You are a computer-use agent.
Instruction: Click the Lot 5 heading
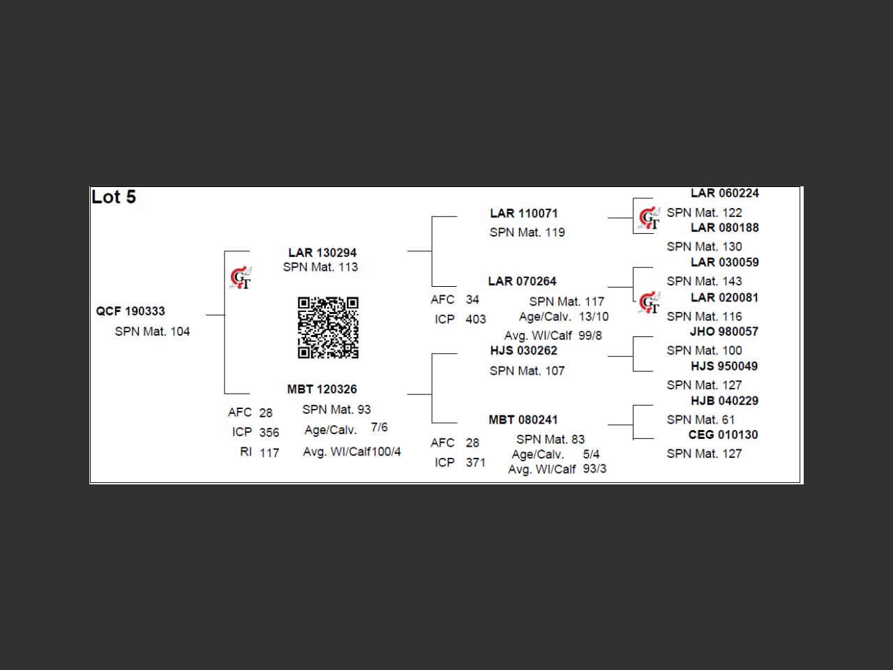point(114,198)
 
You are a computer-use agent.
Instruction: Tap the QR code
point(328,327)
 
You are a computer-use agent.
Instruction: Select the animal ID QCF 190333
point(130,311)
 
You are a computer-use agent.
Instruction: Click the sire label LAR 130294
point(322,253)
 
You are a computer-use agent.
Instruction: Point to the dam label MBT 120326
point(322,389)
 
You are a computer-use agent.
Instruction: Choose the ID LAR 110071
point(524,214)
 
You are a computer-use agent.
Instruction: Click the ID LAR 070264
point(522,281)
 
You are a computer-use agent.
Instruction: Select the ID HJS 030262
point(523,350)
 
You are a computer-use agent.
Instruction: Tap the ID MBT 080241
point(523,419)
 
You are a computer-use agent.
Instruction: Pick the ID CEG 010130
point(723,435)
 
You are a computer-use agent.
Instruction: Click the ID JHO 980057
point(723,332)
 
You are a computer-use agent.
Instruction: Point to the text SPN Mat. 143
point(704,281)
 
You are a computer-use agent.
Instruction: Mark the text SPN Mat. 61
point(700,419)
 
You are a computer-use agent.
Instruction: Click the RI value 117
point(269,453)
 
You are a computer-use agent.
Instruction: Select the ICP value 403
point(476,319)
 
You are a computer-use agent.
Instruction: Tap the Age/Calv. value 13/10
point(594,316)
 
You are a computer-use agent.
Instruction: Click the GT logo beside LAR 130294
point(241,278)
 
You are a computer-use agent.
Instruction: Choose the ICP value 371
point(476,462)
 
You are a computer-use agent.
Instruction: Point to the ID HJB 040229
point(724,401)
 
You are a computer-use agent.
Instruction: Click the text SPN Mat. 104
point(152,332)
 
